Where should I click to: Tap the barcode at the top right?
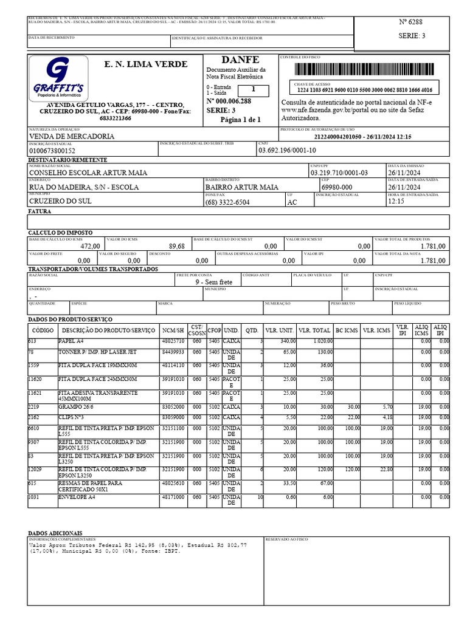364,68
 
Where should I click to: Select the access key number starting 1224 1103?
364,90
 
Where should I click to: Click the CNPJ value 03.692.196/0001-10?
287,150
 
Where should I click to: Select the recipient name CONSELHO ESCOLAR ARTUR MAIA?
88,173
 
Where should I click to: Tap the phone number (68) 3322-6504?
227,202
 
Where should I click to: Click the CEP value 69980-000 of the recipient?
336,188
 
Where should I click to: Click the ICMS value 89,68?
176,246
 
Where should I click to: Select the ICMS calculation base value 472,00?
90,246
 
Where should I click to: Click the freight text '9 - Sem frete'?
213,282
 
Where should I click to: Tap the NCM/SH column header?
172,330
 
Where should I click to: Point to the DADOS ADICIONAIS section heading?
56,531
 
